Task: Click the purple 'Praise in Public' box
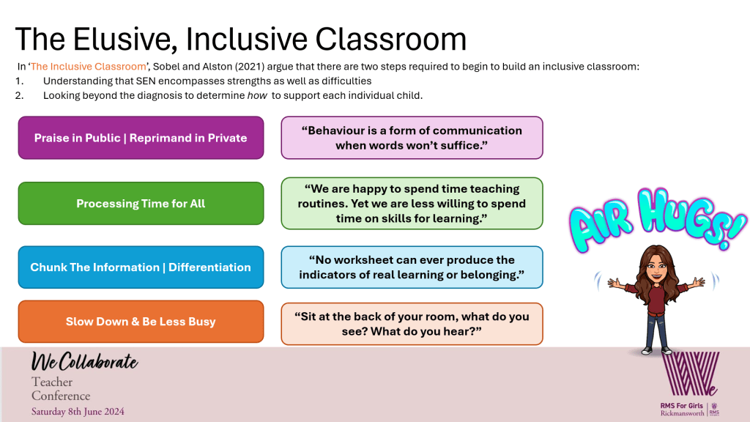(x=141, y=138)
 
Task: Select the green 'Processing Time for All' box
(x=141, y=204)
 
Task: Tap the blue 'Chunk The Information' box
(x=141, y=267)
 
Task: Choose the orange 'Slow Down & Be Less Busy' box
(x=141, y=322)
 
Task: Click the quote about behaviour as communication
(x=412, y=138)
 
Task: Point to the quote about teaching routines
(x=412, y=204)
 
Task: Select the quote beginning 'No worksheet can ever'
(x=412, y=267)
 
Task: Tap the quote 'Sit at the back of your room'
(x=412, y=324)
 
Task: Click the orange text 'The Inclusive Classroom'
(x=89, y=67)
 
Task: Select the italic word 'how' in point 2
(x=257, y=95)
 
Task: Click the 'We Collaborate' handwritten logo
(x=84, y=362)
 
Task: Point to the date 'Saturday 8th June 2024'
(x=78, y=412)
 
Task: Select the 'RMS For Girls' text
(x=682, y=406)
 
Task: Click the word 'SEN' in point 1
(x=146, y=81)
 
